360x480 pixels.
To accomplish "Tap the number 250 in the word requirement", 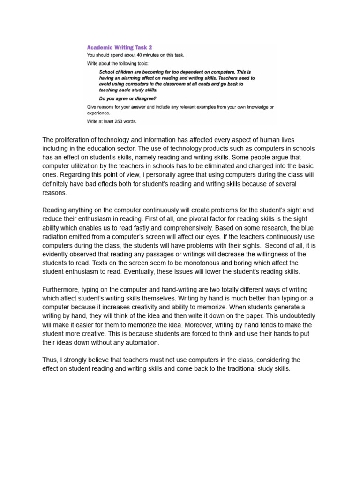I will [115, 121].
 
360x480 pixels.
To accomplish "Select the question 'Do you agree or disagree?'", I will [128, 98].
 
